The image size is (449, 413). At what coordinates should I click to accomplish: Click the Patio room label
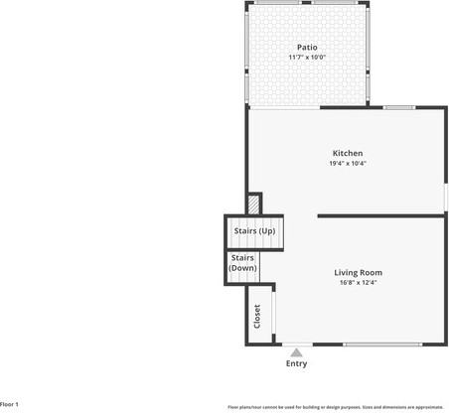point(308,47)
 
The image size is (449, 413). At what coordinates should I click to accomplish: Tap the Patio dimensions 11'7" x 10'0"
point(308,58)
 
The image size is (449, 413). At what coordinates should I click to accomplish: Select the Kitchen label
point(348,153)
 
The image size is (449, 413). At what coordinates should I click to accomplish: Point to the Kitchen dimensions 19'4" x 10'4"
point(348,164)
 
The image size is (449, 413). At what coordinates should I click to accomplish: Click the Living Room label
point(358,272)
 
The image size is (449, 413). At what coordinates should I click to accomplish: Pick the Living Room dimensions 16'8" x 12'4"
point(358,283)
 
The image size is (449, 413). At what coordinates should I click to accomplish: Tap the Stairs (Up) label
point(254,231)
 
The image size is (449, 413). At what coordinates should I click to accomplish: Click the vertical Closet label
point(257,316)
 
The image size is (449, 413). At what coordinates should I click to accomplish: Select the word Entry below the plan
point(296,364)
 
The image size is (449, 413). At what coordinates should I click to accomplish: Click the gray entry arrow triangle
point(296,350)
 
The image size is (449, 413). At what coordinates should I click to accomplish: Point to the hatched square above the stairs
point(254,203)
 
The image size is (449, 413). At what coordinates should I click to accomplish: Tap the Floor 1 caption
point(10,404)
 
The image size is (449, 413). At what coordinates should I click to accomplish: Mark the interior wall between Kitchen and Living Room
point(381,215)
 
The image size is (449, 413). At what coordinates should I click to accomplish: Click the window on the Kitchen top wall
point(399,106)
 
